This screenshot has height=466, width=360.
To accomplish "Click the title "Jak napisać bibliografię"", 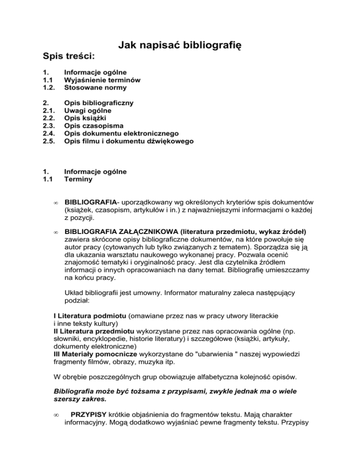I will (180, 45).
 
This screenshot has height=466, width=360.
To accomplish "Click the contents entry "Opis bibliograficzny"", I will (99, 103).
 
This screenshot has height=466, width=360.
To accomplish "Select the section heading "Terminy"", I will (79, 179).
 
